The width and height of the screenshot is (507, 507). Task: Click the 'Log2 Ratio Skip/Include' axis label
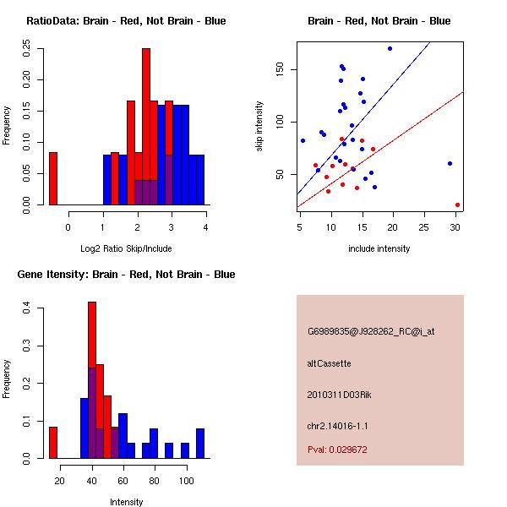pos(126,248)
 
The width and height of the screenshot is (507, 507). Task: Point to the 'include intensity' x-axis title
pos(379,248)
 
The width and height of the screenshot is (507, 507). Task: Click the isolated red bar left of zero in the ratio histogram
pos(52,178)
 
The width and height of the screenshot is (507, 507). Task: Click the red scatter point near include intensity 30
pos(457,204)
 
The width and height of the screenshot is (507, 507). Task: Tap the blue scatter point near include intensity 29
pos(450,163)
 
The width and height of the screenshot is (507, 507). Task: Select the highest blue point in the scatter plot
pos(390,48)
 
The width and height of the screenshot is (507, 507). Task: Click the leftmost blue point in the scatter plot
pos(303,140)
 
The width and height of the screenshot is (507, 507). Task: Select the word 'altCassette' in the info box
pos(330,363)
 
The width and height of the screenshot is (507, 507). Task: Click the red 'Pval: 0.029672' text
pos(337,450)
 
